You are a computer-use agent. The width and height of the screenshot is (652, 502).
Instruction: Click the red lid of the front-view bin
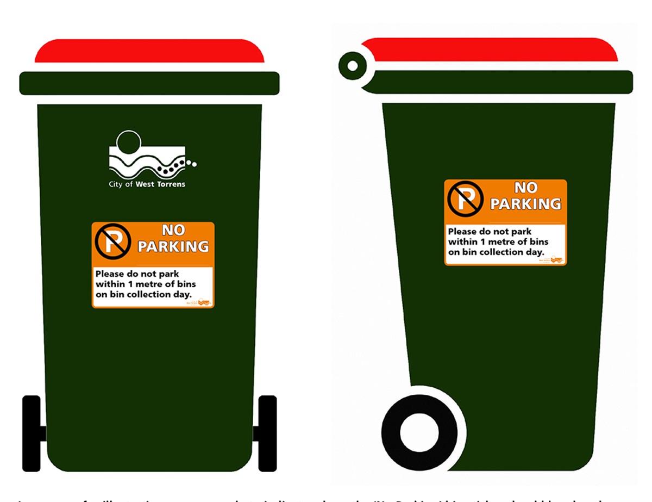click(x=149, y=52)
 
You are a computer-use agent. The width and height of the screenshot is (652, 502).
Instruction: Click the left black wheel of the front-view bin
click(x=32, y=433)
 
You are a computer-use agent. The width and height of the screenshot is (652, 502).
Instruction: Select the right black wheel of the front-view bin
click(x=267, y=433)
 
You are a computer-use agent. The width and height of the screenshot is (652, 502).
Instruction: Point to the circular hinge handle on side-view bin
click(x=353, y=66)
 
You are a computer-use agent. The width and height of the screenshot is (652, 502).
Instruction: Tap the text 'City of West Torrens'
click(x=147, y=184)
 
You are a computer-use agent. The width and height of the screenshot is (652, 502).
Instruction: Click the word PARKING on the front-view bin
click(x=173, y=246)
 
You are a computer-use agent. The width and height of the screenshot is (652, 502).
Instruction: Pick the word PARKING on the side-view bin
click(x=525, y=204)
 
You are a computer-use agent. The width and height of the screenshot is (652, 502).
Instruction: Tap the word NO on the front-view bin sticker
click(x=173, y=231)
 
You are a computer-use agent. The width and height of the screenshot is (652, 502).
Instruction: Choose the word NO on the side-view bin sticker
click(x=525, y=188)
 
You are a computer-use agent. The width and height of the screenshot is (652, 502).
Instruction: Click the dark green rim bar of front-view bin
click(x=149, y=83)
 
